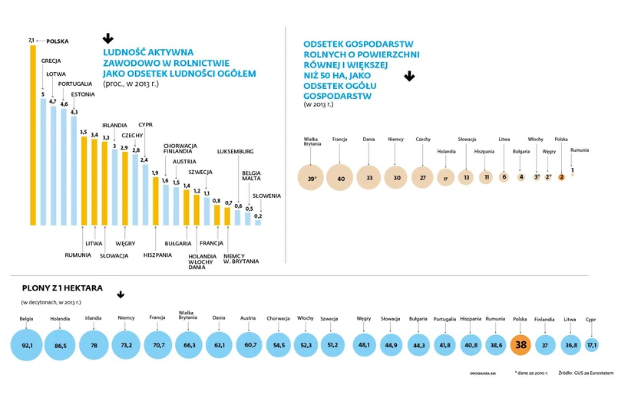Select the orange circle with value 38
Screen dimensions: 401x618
pyautogui.click(x=521, y=345)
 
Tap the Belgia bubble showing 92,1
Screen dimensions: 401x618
pyautogui.click(x=27, y=345)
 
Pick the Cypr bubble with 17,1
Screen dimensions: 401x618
pyautogui.click(x=590, y=345)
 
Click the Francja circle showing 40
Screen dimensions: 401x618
pyautogui.click(x=339, y=177)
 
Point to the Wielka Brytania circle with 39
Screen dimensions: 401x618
pyautogui.click(x=311, y=177)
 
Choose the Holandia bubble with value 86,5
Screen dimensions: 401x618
pyautogui.click(x=61, y=345)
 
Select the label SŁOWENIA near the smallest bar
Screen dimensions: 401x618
pyautogui.click(x=266, y=196)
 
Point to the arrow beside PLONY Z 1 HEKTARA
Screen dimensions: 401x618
pyautogui.click(x=121, y=294)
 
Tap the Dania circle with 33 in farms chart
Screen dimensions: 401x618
pyautogui.click(x=369, y=177)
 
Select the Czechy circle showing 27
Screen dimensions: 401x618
pyautogui.click(x=423, y=177)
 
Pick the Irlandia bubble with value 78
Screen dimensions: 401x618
pyautogui.click(x=94, y=345)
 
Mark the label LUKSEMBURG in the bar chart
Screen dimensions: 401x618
pyautogui.click(x=236, y=152)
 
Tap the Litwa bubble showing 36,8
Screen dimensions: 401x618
pyautogui.click(x=570, y=345)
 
